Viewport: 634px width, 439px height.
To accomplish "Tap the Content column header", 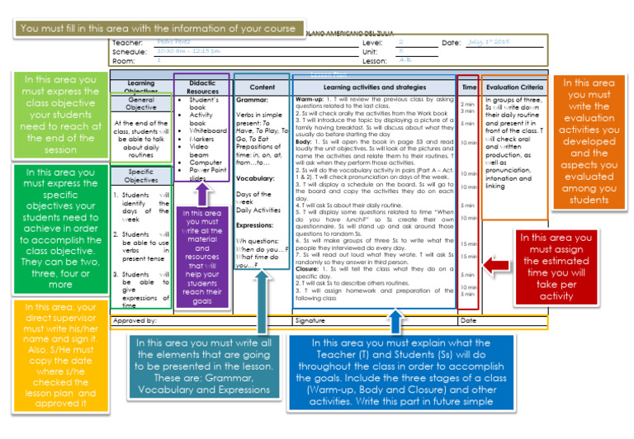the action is tap(262, 87).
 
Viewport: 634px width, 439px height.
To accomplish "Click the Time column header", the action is tap(469, 87).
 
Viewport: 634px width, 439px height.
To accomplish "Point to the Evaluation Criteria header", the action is tap(514, 87).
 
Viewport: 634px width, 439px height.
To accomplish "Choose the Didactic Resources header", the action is tap(201, 87).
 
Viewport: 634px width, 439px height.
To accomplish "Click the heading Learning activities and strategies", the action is tap(374, 87).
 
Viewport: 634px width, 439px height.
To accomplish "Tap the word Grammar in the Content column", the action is tap(253, 99).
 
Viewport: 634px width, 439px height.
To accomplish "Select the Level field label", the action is tap(372, 41).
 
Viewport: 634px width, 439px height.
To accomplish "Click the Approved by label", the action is tap(135, 320).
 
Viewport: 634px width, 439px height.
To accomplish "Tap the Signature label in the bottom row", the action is tap(310, 320).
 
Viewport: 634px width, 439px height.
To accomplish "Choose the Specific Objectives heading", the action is tap(141, 175).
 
